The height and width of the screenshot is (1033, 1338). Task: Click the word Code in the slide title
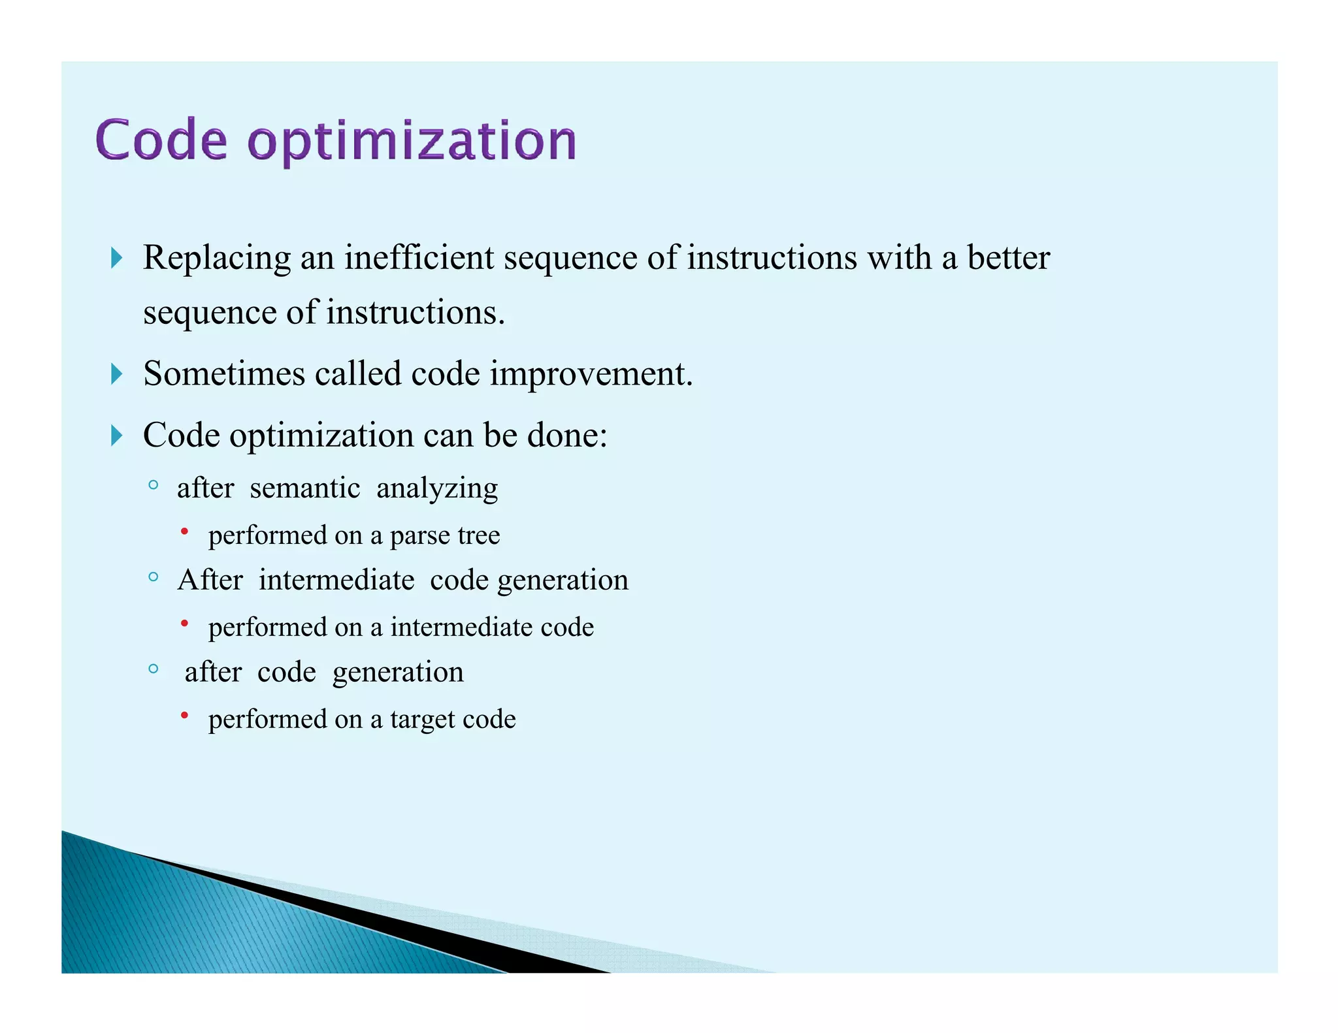coord(161,140)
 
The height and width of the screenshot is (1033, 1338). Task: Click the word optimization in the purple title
coord(412,142)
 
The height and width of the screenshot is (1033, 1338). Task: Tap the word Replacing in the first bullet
coord(217,259)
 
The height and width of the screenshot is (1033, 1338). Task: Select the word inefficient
coord(419,257)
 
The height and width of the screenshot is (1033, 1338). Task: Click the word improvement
coord(591,375)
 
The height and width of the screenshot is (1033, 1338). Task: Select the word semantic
coord(304,488)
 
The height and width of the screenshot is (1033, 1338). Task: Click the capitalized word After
coord(210,580)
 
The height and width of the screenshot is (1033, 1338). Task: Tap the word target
coord(421,720)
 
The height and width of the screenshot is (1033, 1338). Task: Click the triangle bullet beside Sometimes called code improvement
coord(117,374)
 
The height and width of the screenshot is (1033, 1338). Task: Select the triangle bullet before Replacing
coord(117,258)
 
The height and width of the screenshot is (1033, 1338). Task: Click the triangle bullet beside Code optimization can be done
coord(117,436)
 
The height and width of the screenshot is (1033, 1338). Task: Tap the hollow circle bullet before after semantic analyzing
coord(153,485)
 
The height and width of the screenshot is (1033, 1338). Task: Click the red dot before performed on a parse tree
coord(185,532)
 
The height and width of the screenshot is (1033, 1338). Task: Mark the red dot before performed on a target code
coord(185,716)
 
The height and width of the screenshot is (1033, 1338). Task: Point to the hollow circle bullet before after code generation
coord(153,669)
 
